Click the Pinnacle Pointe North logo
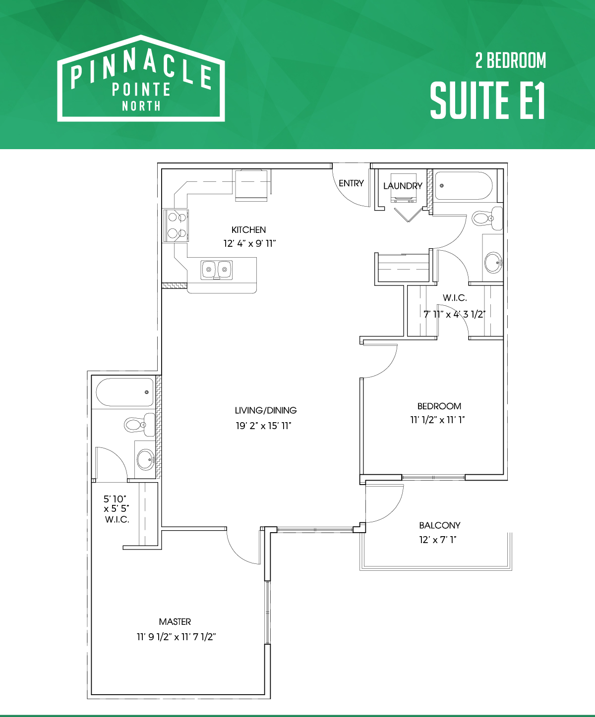pyautogui.click(x=141, y=78)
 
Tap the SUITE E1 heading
pyautogui.click(x=488, y=101)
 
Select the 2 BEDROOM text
pyautogui.click(x=510, y=60)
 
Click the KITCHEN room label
pyautogui.click(x=248, y=230)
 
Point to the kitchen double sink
pyautogui.click(x=217, y=270)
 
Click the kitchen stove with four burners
pyautogui.click(x=176, y=225)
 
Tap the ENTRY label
pyautogui.click(x=351, y=183)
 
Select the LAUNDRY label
pyautogui.click(x=403, y=186)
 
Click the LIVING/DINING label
pyautogui.click(x=266, y=410)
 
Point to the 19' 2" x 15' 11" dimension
pyautogui.click(x=264, y=426)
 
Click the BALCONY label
pyautogui.click(x=440, y=525)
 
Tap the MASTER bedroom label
pyautogui.click(x=175, y=621)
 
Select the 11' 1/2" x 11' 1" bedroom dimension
pyautogui.click(x=437, y=420)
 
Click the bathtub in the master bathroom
pyautogui.click(x=125, y=392)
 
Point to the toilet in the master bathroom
pyautogui.click(x=139, y=425)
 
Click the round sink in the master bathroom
pyautogui.click(x=145, y=459)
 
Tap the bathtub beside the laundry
pyautogui.click(x=464, y=186)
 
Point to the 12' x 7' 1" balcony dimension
pyautogui.click(x=437, y=540)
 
